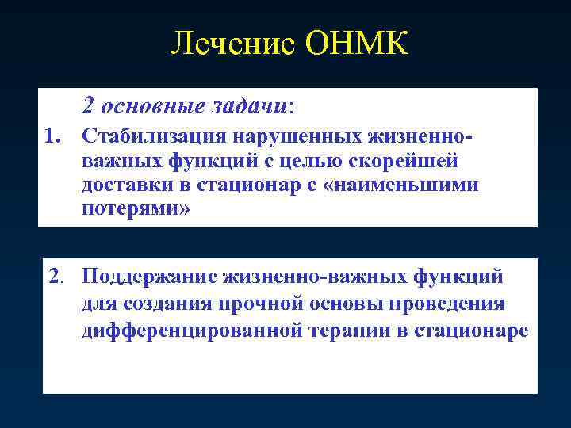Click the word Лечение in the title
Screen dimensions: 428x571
coord(231,44)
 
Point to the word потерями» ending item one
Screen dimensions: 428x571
coord(136,210)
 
